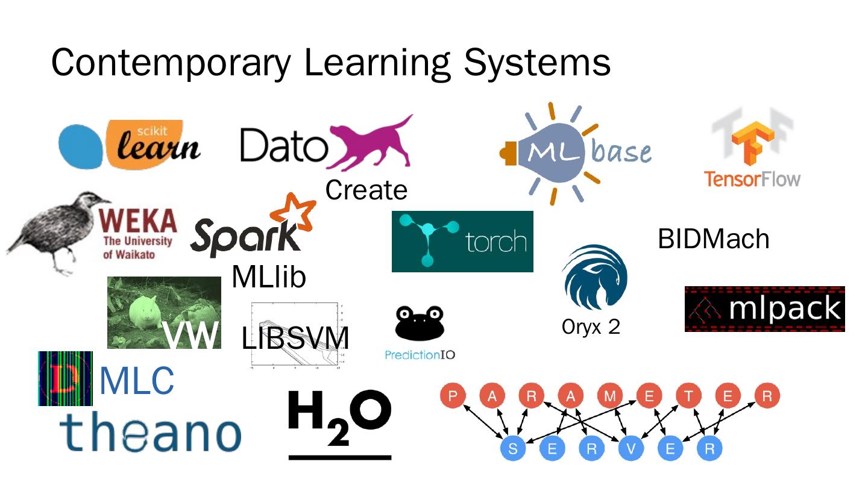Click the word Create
coord(366,190)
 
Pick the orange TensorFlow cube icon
coord(752,143)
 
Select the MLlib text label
coord(269,277)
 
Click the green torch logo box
coord(462,241)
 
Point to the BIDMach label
coord(713,239)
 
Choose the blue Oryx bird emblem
coord(594,277)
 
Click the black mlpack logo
coord(764,308)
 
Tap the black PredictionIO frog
coord(420,323)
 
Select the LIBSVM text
coord(295,339)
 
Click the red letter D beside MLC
coord(65,378)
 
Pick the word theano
coord(150,433)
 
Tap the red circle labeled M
coord(610,396)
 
